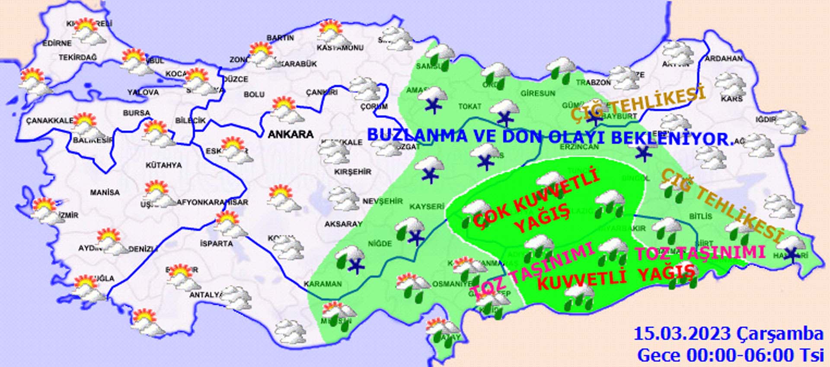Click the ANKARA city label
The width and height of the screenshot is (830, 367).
click(x=290, y=134)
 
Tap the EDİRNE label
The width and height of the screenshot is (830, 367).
click(x=57, y=43)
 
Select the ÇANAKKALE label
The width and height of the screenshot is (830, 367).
click(x=49, y=121)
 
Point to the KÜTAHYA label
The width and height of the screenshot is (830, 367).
click(x=163, y=165)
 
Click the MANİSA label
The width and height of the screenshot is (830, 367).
click(x=105, y=192)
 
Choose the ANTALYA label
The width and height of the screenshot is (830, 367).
click(x=206, y=295)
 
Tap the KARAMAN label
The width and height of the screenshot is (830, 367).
click(x=322, y=284)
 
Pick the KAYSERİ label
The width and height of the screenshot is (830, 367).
click(x=427, y=207)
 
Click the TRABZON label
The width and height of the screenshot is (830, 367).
click(x=593, y=82)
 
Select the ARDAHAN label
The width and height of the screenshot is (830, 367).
click(x=724, y=58)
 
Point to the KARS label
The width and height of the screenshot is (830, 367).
click(x=731, y=99)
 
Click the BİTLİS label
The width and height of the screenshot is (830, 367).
click(x=701, y=216)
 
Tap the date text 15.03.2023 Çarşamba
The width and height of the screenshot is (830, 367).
click(x=728, y=334)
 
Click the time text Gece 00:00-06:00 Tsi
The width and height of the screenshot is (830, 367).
click(x=730, y=355)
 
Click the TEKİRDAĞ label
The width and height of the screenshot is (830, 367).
click(x=78, y=57)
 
